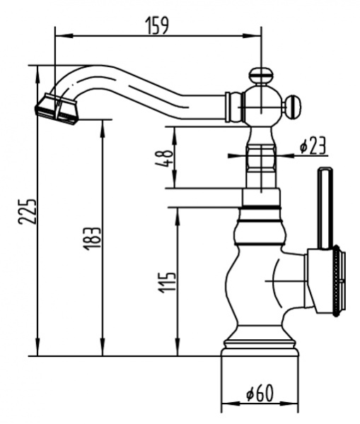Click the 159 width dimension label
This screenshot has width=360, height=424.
[x=157, y=25]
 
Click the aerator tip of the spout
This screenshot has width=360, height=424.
[x=54, y=107]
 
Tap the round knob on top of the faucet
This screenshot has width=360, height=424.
[x=260, y=73]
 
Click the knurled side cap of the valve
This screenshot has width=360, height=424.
[x=337, y=281]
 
